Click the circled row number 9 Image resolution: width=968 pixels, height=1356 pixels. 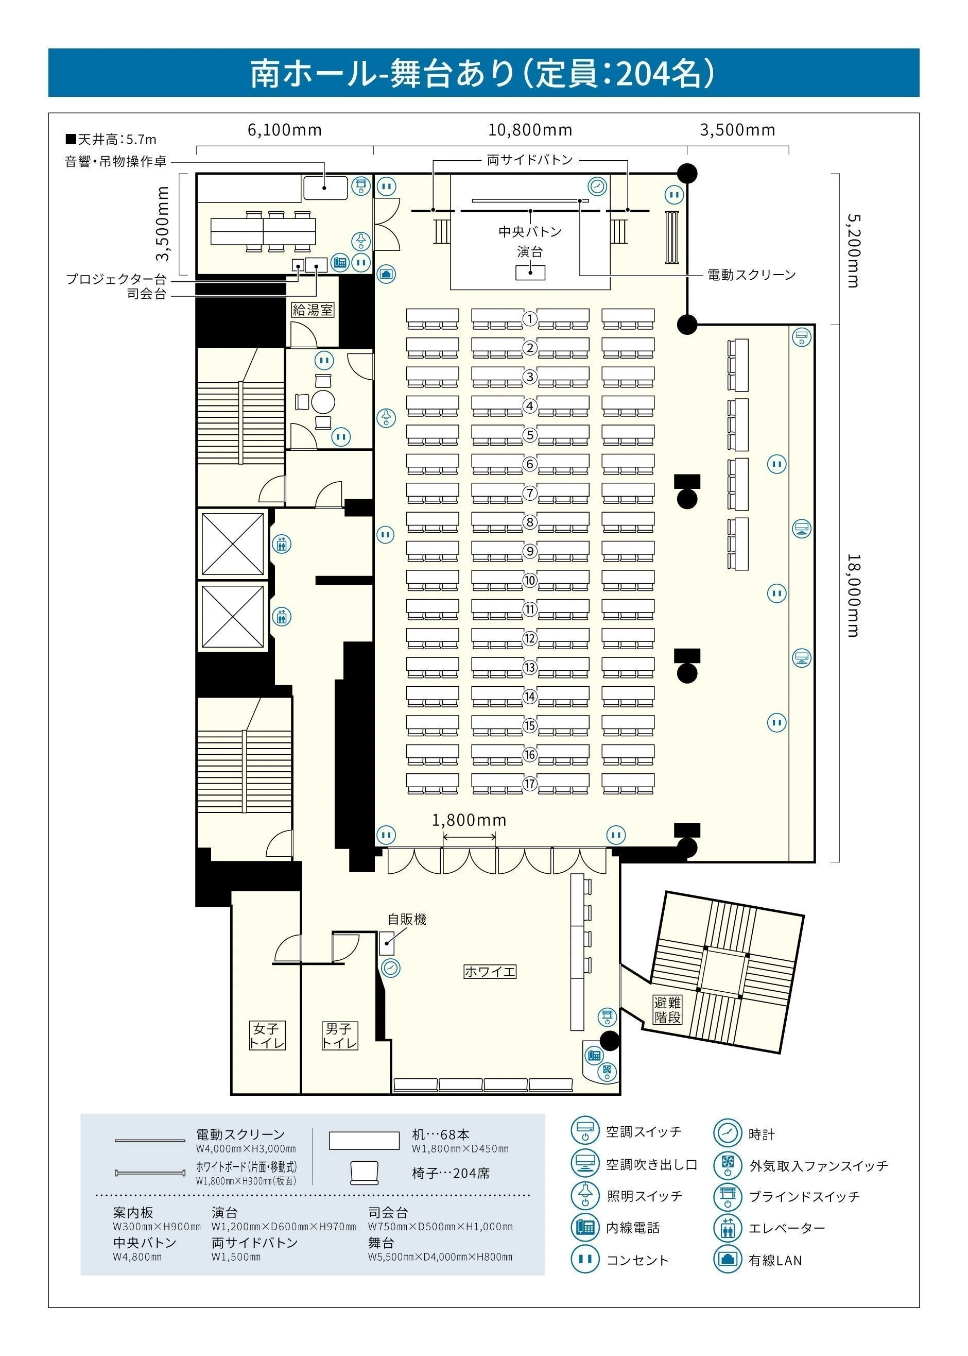(530, 551)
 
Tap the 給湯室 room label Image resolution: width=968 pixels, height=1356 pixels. (313, 310)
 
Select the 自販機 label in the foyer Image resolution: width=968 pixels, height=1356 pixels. (407, 919)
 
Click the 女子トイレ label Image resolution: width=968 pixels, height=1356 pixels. (266, 1035)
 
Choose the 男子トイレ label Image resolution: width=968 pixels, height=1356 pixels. (340, 1035)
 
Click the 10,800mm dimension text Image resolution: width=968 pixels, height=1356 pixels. (530, 130)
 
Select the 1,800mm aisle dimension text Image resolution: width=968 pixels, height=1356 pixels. (469, 821)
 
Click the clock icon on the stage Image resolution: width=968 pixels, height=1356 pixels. (597, 186)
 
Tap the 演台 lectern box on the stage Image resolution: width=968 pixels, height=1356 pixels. (530, 273)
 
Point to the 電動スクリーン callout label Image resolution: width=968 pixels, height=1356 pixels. (751, 275)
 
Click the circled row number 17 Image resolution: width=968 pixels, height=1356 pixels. (530, 784)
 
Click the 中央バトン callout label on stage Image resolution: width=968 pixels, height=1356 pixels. (530, 231)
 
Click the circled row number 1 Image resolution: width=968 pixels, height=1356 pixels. (530, 318)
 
